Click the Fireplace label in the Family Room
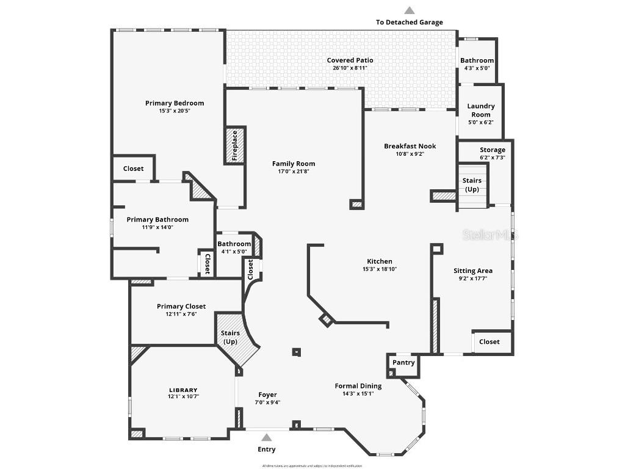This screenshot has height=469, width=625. (x=234, y=145)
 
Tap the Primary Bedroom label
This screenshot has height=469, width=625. (x=175, y=103)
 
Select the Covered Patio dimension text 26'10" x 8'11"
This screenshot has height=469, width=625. (x=350, y=68)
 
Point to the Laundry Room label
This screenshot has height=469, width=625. (x=481, y=110)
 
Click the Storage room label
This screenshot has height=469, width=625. (x=492, y=150)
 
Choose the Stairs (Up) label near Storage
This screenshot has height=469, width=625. (x=472, y=184)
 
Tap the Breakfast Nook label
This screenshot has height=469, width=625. (x=410, y=146)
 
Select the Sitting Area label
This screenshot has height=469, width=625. (x=472, y=271)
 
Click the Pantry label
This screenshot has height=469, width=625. (x=403, y=362)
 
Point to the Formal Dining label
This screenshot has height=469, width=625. (x=358, y=386)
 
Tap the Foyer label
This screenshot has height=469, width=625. (x=267, y=394)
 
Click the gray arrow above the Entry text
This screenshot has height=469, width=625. (x=266, y=437)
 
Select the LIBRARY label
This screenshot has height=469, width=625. (x=183, y=390)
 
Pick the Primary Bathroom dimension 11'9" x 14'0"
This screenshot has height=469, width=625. (x=157, y=227)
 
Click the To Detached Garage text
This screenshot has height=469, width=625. (x=409, y=22)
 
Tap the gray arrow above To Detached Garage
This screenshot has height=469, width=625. (x=410, y=10)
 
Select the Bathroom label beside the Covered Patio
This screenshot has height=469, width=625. (x=477, y=60)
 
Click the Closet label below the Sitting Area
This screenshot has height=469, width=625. (x=489, y=342)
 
